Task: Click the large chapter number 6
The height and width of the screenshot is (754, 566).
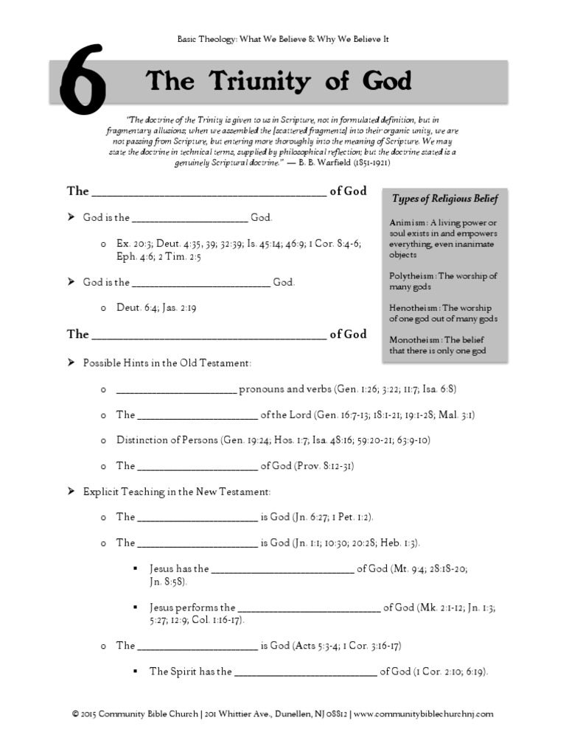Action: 78,83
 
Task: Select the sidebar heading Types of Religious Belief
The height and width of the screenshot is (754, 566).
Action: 444,198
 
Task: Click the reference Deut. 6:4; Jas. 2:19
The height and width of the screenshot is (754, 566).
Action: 156,308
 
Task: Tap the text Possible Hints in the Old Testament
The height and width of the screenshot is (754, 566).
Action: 167,363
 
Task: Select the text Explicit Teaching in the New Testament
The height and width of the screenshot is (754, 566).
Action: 177,491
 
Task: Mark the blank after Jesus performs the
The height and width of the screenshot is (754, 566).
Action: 309,608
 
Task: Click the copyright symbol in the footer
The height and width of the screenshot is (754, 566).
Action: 75,714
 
